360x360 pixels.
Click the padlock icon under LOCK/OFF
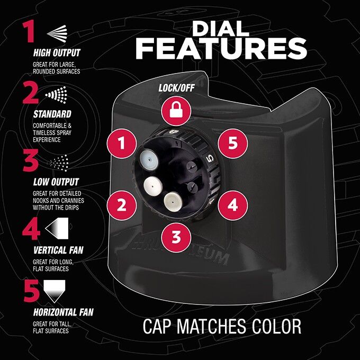click(174, 110)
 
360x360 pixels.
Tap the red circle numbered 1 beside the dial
click(121, 142)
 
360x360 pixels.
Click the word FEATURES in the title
click(221, 48)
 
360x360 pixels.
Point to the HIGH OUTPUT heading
click(56, 53)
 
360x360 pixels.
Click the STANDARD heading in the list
click(52, 114)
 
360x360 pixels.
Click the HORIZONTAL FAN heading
click(63, 312)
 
